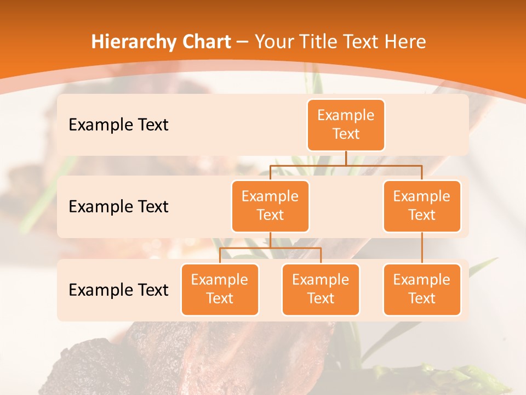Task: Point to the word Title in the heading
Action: click(325, 42)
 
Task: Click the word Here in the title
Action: click(404, 42)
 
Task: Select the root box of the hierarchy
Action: click(346, 125)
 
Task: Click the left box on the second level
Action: click(270, 206)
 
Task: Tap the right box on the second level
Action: click(422, 206)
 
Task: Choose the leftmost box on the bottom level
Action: click(220, 290)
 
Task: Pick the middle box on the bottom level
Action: click(321, 290)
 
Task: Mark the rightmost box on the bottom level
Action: click(422, 290)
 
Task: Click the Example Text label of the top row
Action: click(118, 125)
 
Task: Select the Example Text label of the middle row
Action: click(118, 207)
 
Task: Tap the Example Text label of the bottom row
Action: click(118, 290)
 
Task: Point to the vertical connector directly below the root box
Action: click(346, 158)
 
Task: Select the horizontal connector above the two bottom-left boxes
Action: click(270, 248)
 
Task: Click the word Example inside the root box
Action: click(346, 115)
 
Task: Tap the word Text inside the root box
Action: click(346, 134)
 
